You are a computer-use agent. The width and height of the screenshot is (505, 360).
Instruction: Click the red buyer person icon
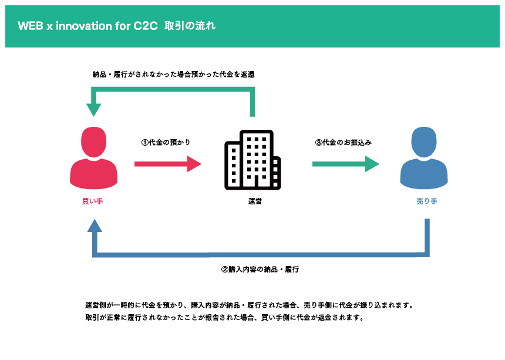(x=94, y=158)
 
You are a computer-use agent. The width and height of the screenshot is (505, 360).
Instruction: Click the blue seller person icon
(x=424, y=158)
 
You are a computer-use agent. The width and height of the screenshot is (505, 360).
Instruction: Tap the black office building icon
(x=253, y=160)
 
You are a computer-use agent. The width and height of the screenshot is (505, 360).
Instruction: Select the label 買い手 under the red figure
(x=92, y=201)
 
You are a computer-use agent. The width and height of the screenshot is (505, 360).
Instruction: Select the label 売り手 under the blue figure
(x=427, y=201)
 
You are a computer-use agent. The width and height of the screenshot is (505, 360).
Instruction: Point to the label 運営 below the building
(x=255, y=201)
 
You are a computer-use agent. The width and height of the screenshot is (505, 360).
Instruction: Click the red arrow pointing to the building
(x=168, y=164)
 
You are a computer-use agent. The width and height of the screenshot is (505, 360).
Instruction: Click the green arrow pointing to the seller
(x=346, y=164)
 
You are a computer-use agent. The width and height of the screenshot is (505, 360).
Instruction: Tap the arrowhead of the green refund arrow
(x=94, y=110)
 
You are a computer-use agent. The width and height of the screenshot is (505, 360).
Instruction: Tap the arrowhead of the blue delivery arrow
(x=95, y=226)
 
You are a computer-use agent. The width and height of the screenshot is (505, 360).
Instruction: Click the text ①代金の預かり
(x=166, y=142)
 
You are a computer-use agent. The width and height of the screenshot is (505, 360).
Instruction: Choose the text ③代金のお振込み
(x=344, y=142)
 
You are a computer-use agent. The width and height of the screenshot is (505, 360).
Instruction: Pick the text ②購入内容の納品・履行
(x=260, y=269)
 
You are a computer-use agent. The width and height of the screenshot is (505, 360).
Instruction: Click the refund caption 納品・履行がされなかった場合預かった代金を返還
(x=173, y=75)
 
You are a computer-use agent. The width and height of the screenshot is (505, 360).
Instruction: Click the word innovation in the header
(x=84, y=26)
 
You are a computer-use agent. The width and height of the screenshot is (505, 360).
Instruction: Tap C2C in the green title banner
(x=146, y=26)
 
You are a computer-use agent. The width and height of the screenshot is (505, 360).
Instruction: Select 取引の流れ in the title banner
(x=190, y=25)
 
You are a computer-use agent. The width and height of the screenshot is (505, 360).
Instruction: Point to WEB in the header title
(x=31, y=26)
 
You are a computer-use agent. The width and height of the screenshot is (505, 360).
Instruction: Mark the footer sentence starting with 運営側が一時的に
(x=250, y=305)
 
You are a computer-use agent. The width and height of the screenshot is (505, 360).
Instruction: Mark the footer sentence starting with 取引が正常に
(x=225, y=318)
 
